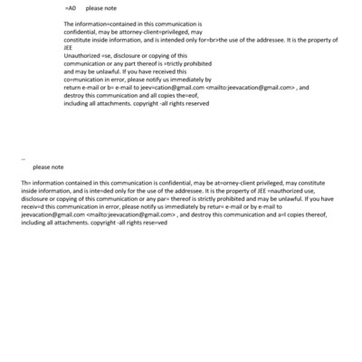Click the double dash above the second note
[23, 157]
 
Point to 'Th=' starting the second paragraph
[25, 182]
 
